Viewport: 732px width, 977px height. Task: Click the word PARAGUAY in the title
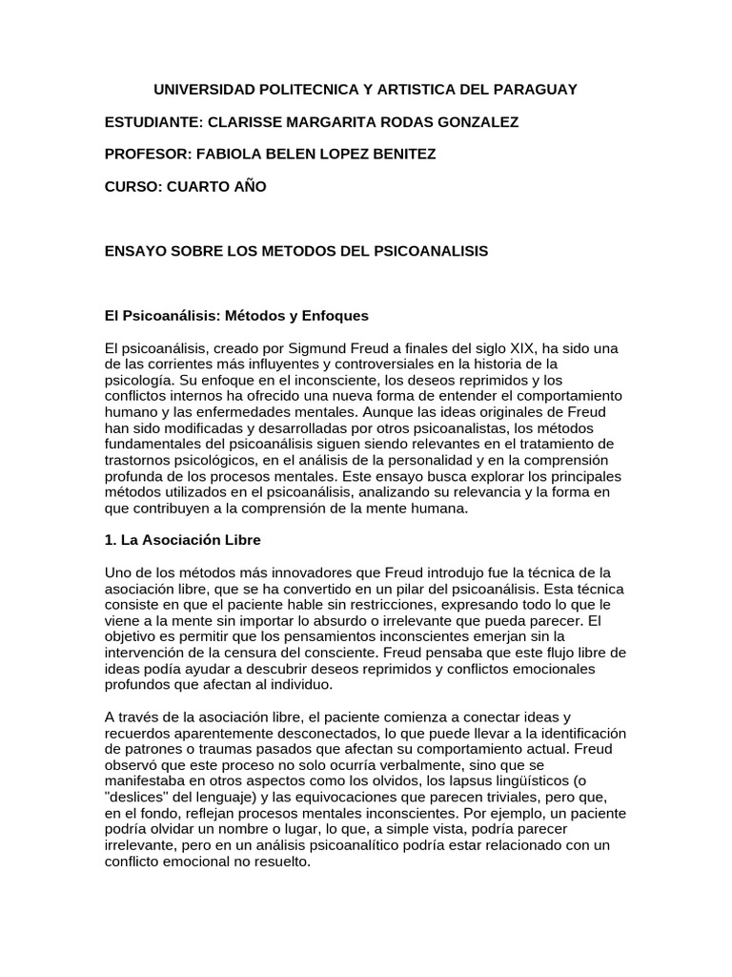click(x=534, y=90)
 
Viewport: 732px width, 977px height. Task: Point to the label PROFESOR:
click(x=148, y=155)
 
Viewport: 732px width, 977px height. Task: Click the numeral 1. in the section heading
click(x=111, y=540)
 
